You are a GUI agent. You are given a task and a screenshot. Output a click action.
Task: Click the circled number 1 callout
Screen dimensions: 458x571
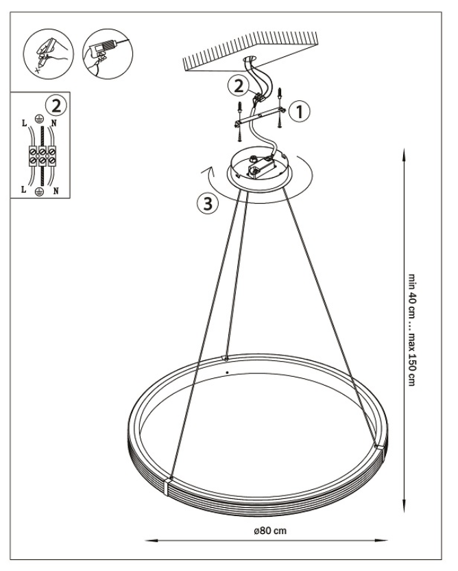pyautogui.click(x=300, y=112)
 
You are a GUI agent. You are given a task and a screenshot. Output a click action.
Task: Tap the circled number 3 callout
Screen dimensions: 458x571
pyautogui.click(x=208, y=203)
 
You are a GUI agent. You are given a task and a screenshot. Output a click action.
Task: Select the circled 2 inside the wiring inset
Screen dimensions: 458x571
pyautogui.click(x=56, y=106)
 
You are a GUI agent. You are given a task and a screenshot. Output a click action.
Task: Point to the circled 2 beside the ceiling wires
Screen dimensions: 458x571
pyautogui.click(x=239, y=86)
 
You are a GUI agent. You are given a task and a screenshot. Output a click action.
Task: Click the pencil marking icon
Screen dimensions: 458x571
pyautogui.click(x=48, y=54)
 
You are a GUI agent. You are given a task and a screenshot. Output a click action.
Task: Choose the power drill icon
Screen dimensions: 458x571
pyautogui.click(x=108, y=54)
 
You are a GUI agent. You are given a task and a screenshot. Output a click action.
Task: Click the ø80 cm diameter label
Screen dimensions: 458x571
pyautogui.click(x=270, y=531)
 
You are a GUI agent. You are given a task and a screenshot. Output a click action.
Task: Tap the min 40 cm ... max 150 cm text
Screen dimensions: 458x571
pyautogui.click(x=411, y=330)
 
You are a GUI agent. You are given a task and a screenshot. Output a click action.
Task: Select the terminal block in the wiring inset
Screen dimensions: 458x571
pyautogui.click(x=43, y=156)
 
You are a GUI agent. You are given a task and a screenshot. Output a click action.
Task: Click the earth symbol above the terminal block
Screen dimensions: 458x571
pyautogui.click(x=39, y=118)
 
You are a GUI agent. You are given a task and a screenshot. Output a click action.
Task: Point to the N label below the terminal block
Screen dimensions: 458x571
pyautogui.click(x=56, y=191)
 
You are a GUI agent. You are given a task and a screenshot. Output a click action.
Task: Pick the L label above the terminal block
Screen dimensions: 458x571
pyautogui.click(x=25, y=123)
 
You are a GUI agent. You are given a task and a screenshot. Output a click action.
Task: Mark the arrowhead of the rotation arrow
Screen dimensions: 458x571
pyautogui.click(x=208, y=170)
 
